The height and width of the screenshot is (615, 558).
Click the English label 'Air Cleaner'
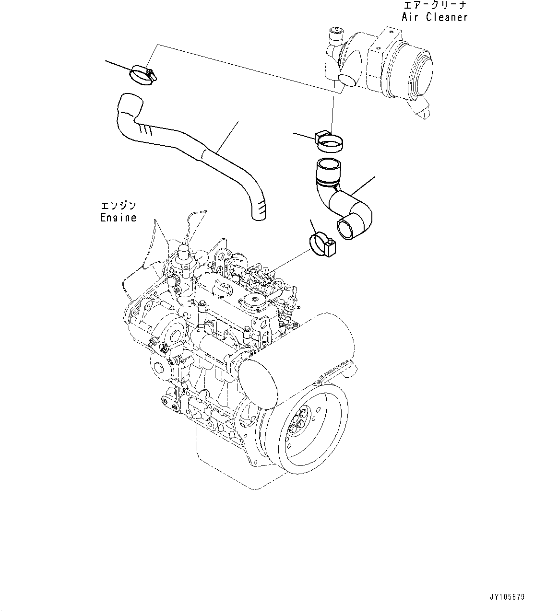(435, 17)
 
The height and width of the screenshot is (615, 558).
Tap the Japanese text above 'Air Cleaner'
(435, 6)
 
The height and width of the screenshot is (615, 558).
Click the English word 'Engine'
(118, 218)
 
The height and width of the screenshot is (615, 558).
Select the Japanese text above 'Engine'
(118, 206)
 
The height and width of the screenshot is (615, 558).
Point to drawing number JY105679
(507, 597)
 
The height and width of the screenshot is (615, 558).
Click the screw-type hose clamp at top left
(142, 75)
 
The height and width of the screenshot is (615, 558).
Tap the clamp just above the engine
(321, 244)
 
